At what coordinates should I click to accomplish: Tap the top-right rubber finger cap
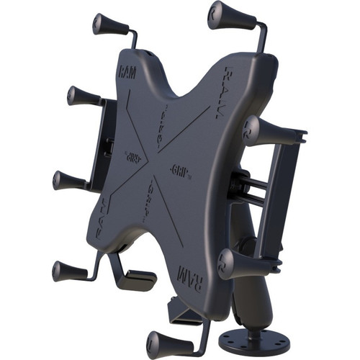click(224, 15)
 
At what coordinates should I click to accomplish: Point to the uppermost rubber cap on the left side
click(82, 96)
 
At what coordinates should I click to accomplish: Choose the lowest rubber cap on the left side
click(68, 271)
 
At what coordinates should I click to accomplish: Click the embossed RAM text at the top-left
click(127, 73)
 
